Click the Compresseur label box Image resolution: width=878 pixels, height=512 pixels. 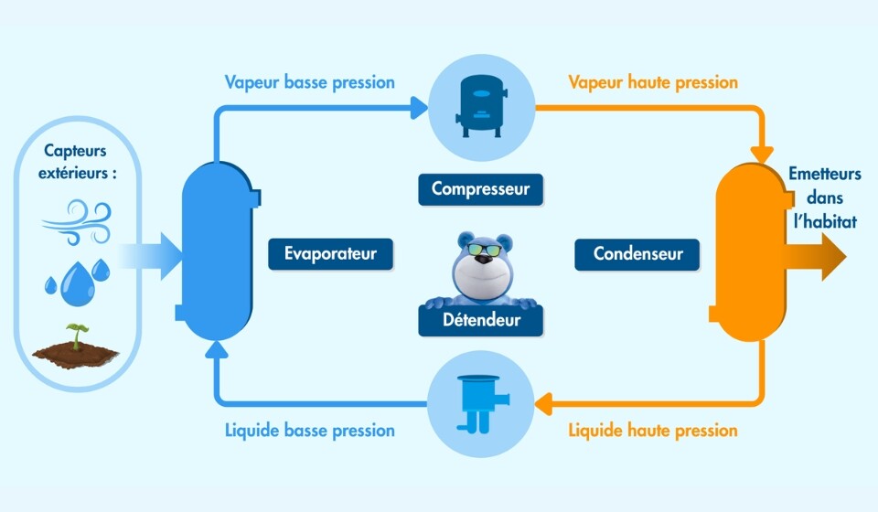click(x=480, y=189)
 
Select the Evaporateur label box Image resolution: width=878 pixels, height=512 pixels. click(x=330, y=253)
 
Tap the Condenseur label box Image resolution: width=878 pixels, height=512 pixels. click(x=637, y=253)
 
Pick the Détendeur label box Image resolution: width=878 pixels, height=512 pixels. click(x=481, y=320)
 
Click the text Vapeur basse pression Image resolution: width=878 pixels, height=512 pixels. click(x=309, y=82)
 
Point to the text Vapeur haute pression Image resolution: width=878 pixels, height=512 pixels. click(x=652, y=82)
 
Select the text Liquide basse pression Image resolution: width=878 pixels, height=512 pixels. click(x=309, y=430)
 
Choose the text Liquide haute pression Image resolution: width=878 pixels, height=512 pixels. click(x=652, y=430)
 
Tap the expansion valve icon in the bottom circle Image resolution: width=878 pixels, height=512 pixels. click(x=479, y=403)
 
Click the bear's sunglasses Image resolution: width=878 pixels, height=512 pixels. click(x=485, y=250)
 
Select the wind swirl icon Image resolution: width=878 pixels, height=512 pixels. click(x=75, y=219)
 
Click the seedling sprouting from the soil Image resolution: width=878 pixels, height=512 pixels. click(x=76, y=334)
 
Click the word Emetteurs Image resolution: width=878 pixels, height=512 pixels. click(x=824, y=174)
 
